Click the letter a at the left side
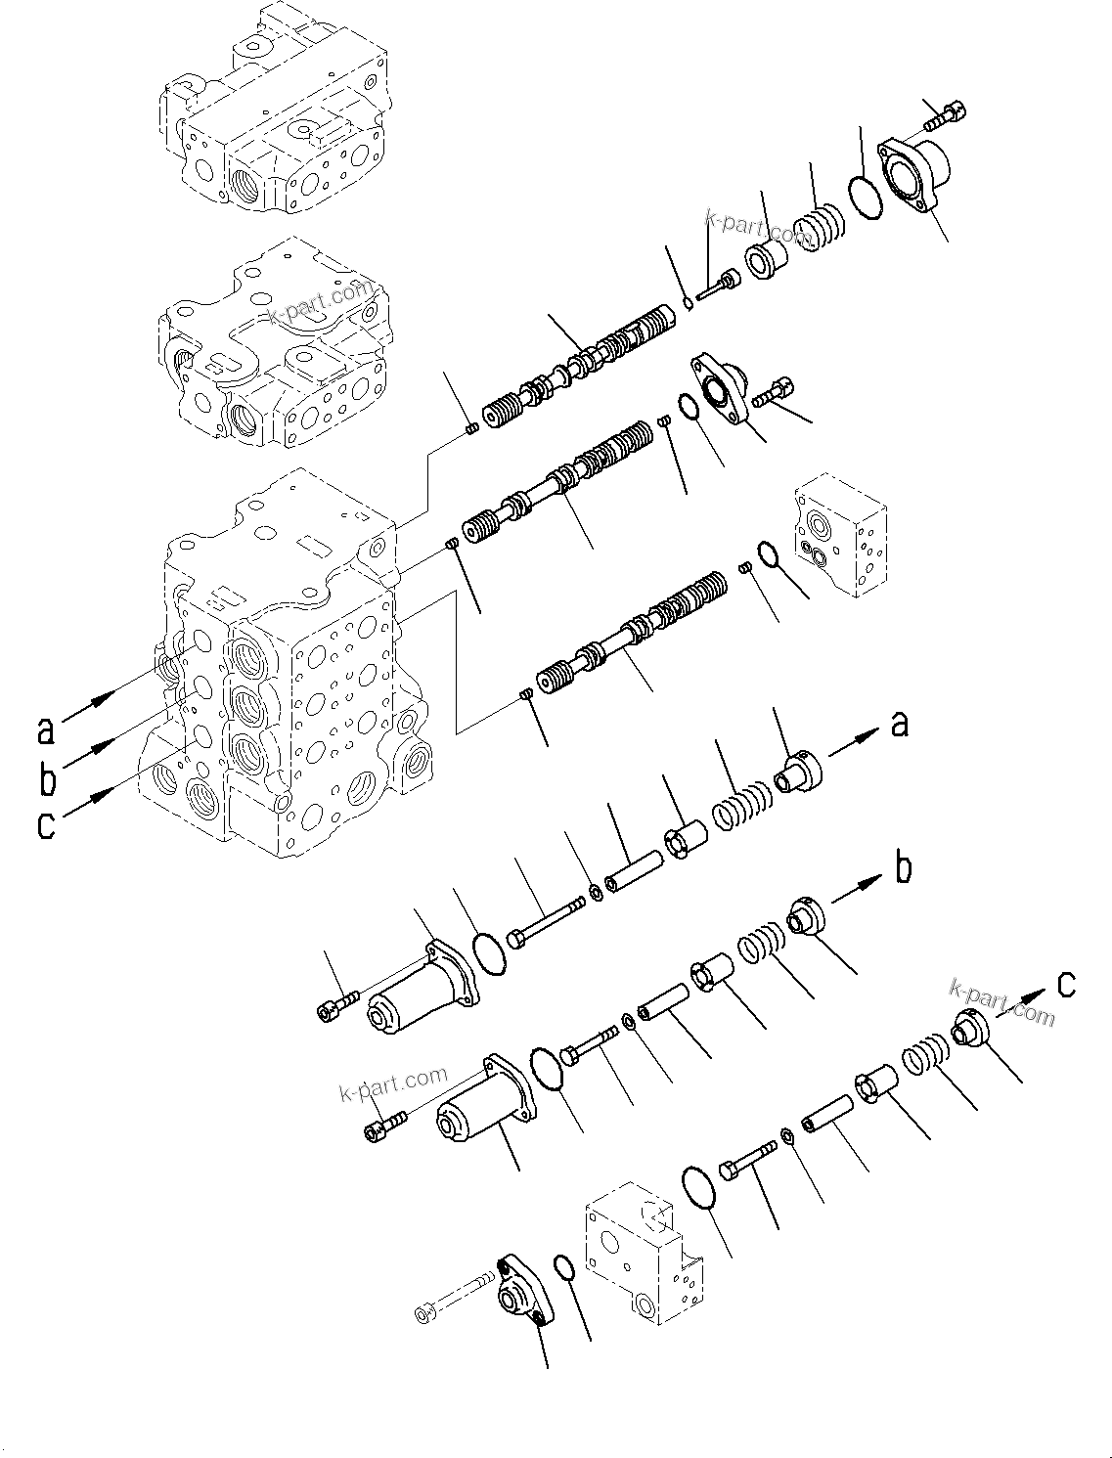45,730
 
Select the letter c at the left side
46,826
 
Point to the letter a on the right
899,725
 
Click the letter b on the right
904,867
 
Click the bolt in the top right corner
944,115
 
